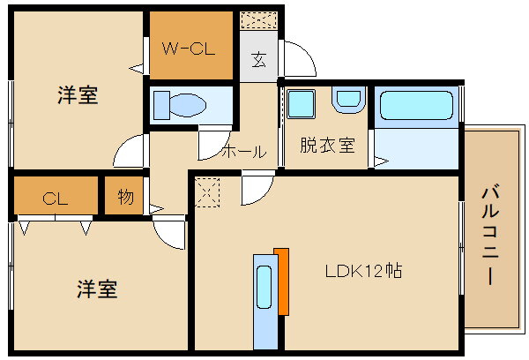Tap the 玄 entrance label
pos(258,61)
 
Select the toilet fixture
pos(180,106)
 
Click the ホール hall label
pos(243,151)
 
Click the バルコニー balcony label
pos(492,233)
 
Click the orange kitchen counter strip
pos(282,281)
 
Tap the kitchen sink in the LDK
pos(264,292)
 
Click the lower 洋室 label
pos(97,289)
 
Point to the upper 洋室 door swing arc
pos(130,151)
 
